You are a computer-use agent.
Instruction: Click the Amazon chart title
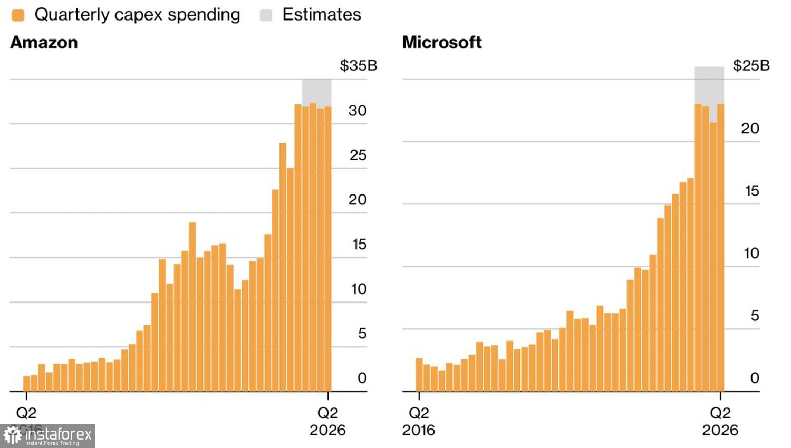tap(44, 42)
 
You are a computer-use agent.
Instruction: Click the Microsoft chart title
tap(442, 42)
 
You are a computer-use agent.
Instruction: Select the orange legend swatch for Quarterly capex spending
tap(18, 15)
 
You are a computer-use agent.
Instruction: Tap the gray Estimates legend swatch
tap(266, 15)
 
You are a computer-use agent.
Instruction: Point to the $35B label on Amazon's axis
tap(359, 65)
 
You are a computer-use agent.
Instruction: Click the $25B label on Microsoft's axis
tap(751, 65)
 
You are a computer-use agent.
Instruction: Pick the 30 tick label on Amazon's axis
tap(358, 111)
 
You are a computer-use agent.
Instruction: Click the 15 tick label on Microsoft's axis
tap(752, 191)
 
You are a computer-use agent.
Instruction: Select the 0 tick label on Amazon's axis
tap(362, 378)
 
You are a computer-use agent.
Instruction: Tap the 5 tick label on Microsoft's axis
tap(755, 316)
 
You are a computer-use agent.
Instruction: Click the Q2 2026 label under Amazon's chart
tap(327, 422)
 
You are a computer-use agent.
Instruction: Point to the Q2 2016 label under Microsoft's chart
tap(419, 422)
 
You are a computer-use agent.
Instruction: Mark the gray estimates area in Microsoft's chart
tap(709, 84)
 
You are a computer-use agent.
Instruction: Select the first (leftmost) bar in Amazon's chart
tap(26, 384)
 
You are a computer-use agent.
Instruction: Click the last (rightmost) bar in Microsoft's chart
tap(720, 248)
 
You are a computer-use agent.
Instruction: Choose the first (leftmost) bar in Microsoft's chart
tap(419, 375)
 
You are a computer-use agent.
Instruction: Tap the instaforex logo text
tap(58, 435)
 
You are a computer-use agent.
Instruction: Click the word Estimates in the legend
tap(322, 15)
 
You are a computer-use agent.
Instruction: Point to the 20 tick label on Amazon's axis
tap(358, 200)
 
